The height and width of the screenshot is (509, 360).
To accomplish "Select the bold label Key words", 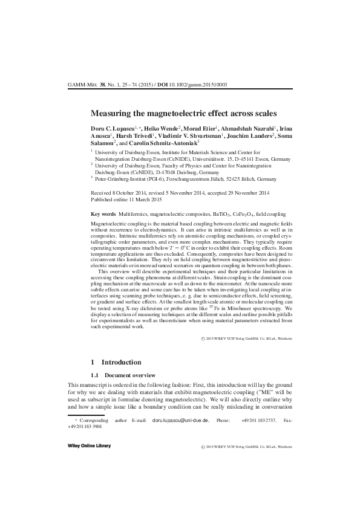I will (103, 214).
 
